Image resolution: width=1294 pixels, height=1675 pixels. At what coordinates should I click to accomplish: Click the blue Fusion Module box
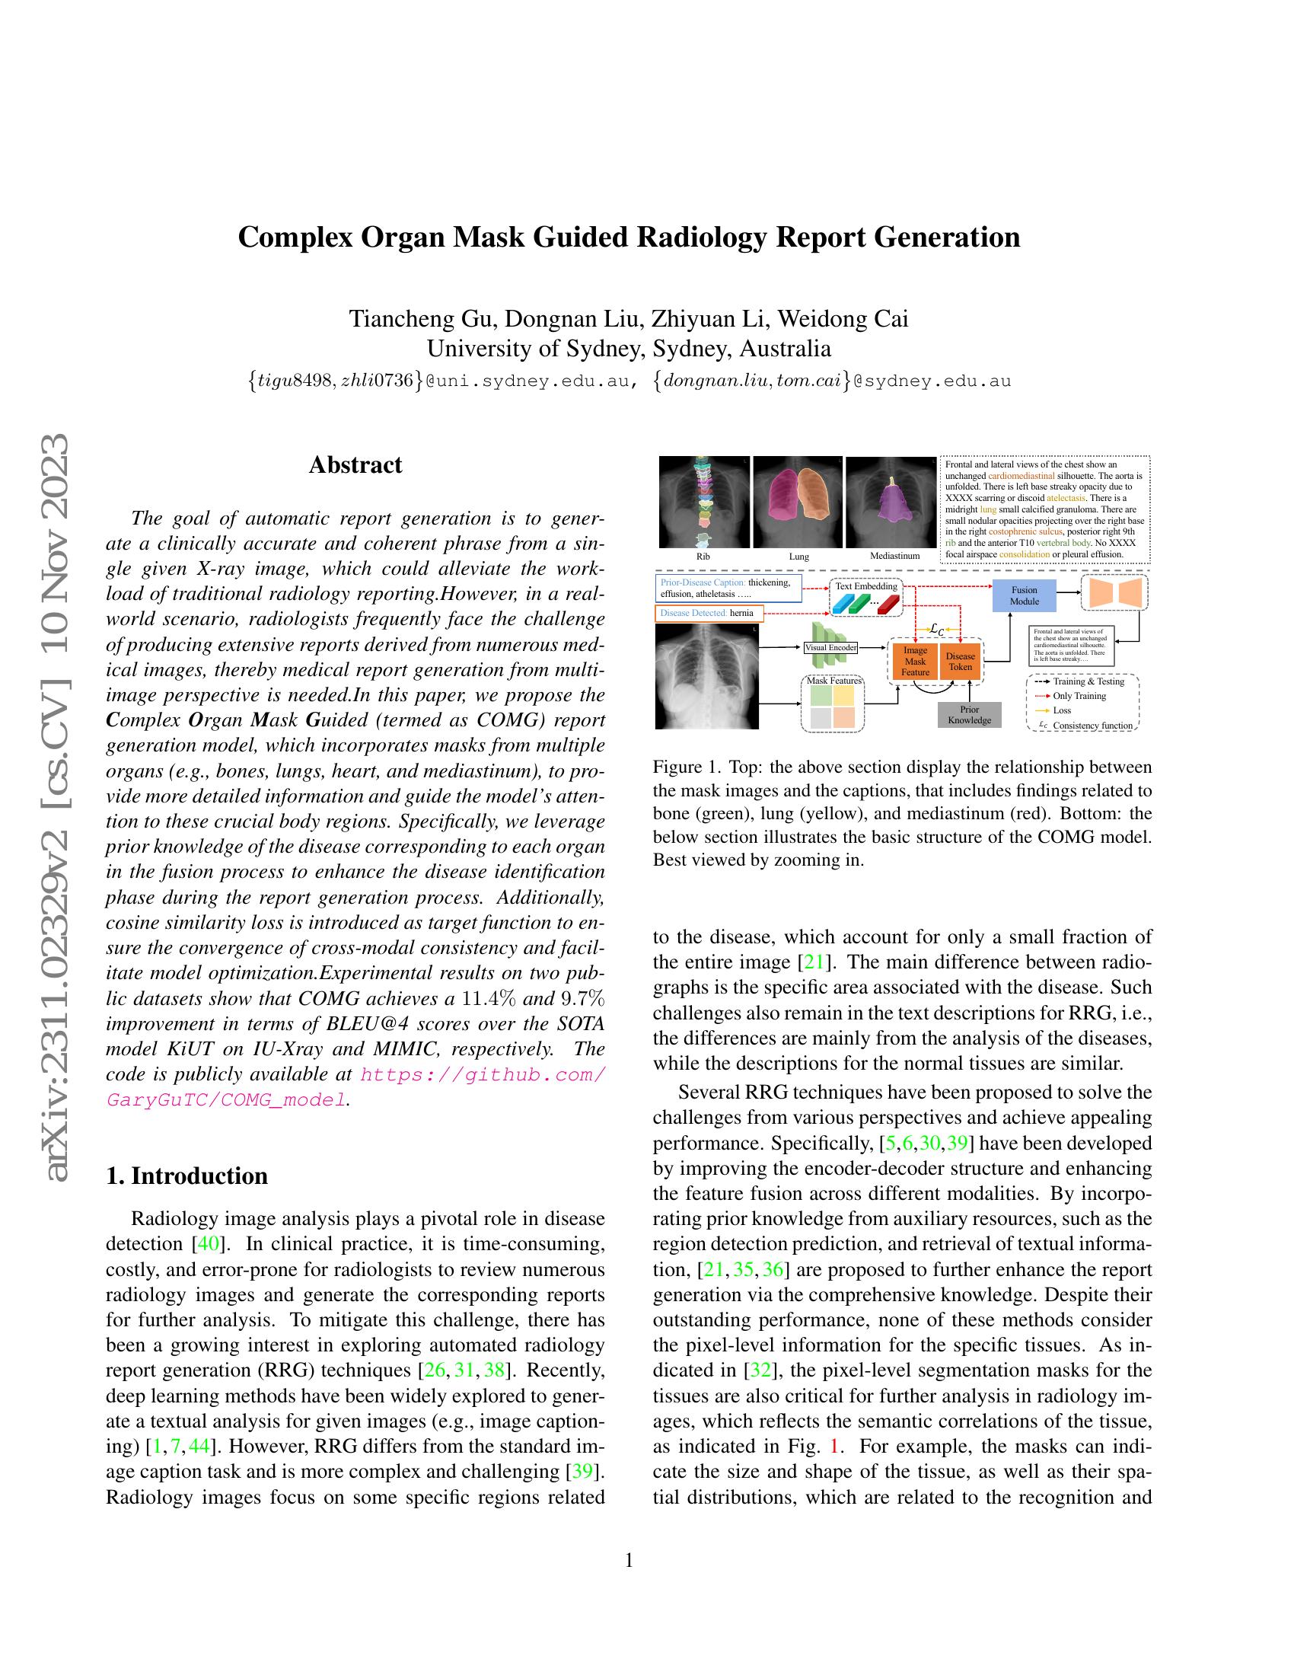click(1024, 596)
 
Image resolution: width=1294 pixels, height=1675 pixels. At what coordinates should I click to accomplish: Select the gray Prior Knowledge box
click(969, 715)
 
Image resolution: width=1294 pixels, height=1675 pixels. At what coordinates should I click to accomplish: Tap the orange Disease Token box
click(960, 661)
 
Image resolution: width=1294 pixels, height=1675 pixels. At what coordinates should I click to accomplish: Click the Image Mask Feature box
click(914, 661)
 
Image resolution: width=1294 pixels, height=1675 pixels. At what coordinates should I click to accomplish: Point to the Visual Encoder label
click(830, 648)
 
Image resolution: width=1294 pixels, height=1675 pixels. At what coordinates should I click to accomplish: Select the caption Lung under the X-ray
click(798, 556)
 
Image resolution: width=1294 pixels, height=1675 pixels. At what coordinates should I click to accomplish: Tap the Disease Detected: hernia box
click(709, 613)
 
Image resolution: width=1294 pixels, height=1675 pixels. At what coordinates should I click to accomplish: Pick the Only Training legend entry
click(1079, 696)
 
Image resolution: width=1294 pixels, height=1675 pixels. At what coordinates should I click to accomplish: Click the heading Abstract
click(355, 464)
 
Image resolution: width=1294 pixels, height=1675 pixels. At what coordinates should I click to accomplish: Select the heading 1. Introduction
click(187, 1176)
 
